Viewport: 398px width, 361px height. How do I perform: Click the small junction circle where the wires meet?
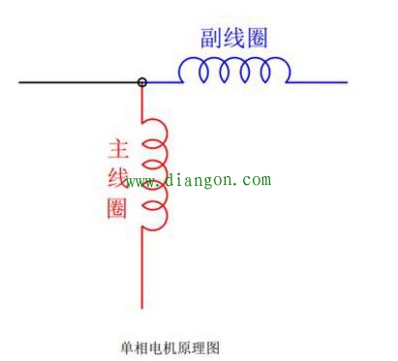tap(142, 82)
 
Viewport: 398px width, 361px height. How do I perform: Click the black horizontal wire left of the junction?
tap(77, 82)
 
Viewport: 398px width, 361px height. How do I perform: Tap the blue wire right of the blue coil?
tap(320, 82)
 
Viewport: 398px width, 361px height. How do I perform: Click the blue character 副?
tap(214, 37)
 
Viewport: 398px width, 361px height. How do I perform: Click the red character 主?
tap(116, 150)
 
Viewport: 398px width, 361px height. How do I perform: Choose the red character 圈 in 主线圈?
tap(116, 207)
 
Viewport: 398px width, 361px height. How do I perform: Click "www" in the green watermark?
tap(139, 181)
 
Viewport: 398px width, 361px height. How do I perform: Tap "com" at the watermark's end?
tap(257, 180)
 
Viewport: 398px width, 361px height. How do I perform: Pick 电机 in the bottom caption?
tap(155, 345)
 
